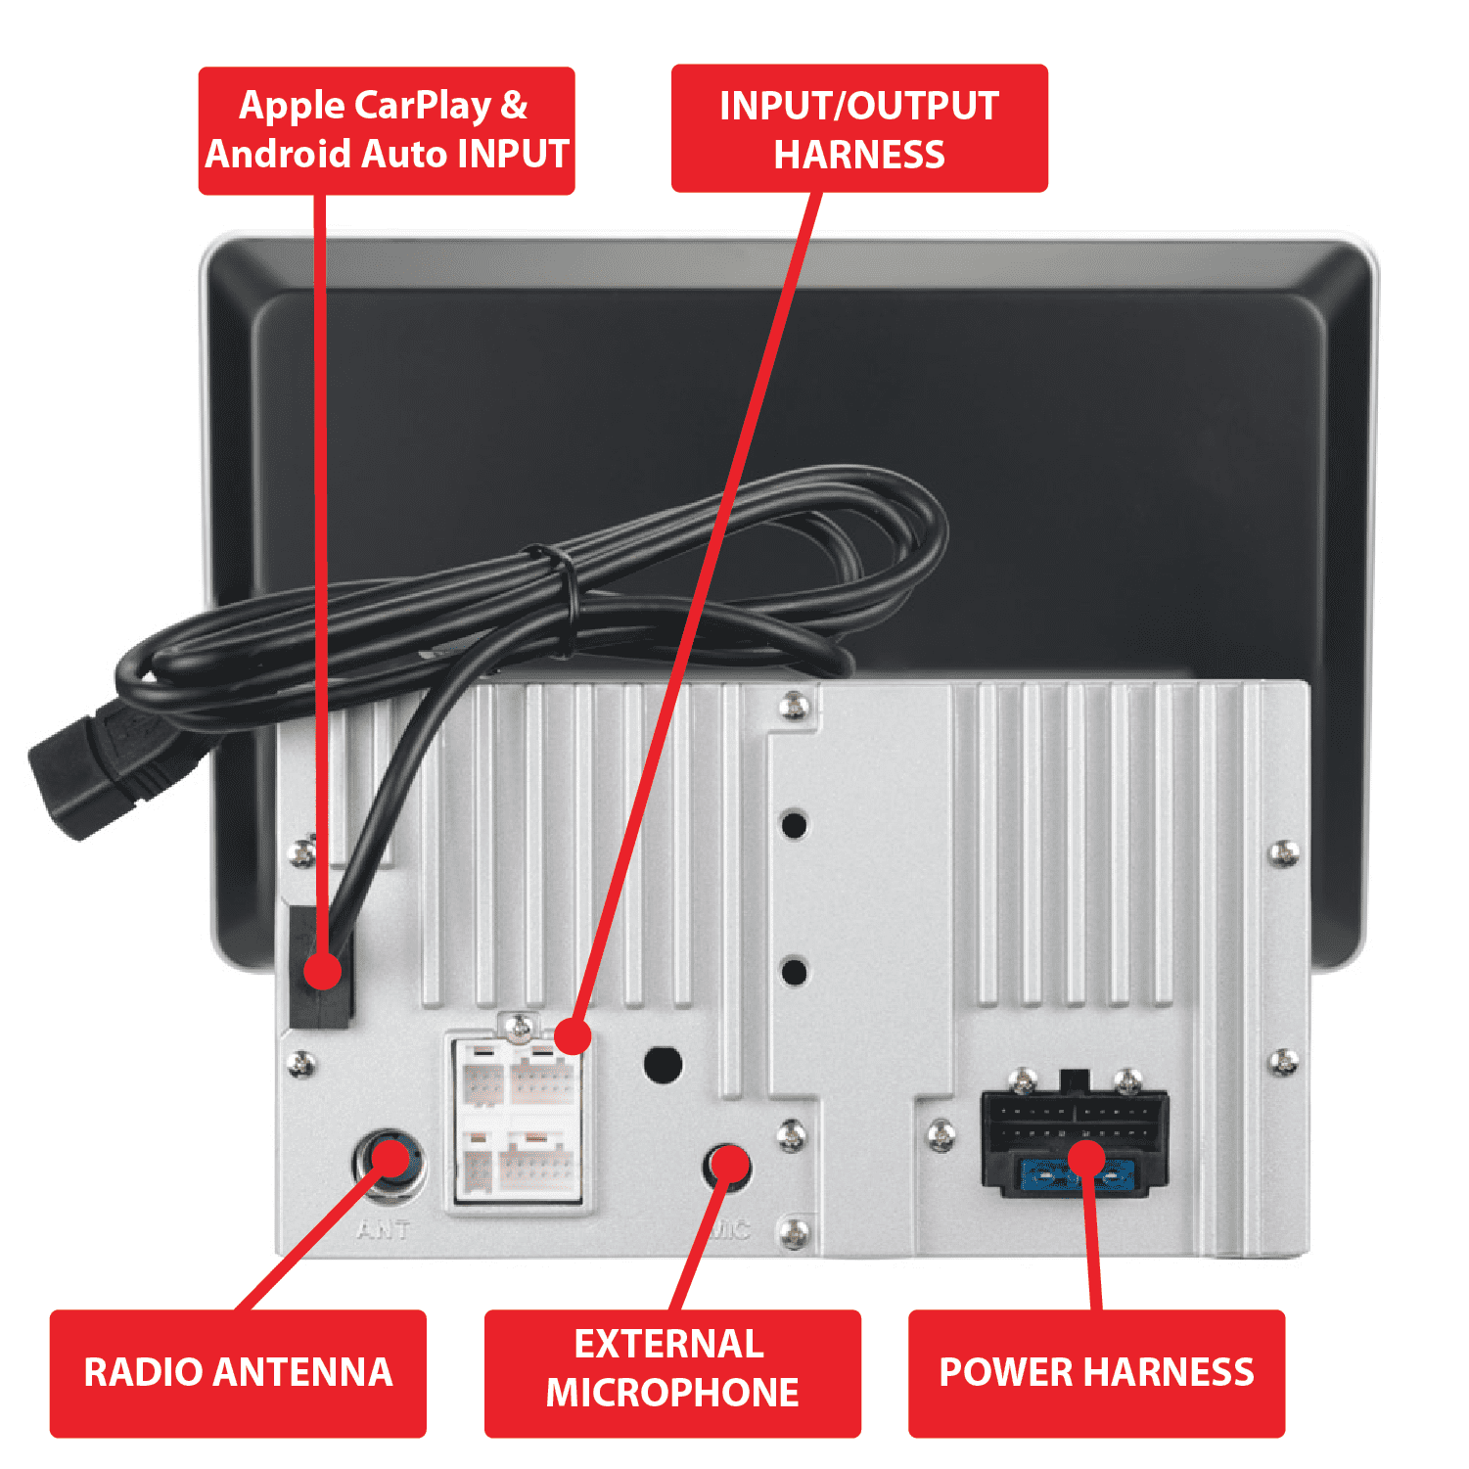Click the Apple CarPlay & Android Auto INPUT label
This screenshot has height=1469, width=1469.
pos(387,130)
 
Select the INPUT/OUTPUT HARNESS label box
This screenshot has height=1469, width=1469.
pos(859,128)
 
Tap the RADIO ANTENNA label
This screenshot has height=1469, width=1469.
pos(238,1373)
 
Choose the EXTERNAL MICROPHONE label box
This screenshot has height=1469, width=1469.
pos(672,1373)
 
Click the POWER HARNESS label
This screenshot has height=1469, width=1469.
pos(1096,1373)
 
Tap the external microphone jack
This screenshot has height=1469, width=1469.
pos(727,1167)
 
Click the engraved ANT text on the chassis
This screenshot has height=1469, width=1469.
pos(384,1229)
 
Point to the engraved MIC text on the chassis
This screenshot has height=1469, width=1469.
pos(731,1229)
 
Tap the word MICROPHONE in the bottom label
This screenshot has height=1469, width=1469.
pos(672,1393)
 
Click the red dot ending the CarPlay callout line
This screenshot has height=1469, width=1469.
pos(322,972)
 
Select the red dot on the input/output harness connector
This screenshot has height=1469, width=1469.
pos(573,1035)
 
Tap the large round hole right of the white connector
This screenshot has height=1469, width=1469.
pos(663,1065)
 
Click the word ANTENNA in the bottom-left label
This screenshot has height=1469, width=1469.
pos(302,1373)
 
